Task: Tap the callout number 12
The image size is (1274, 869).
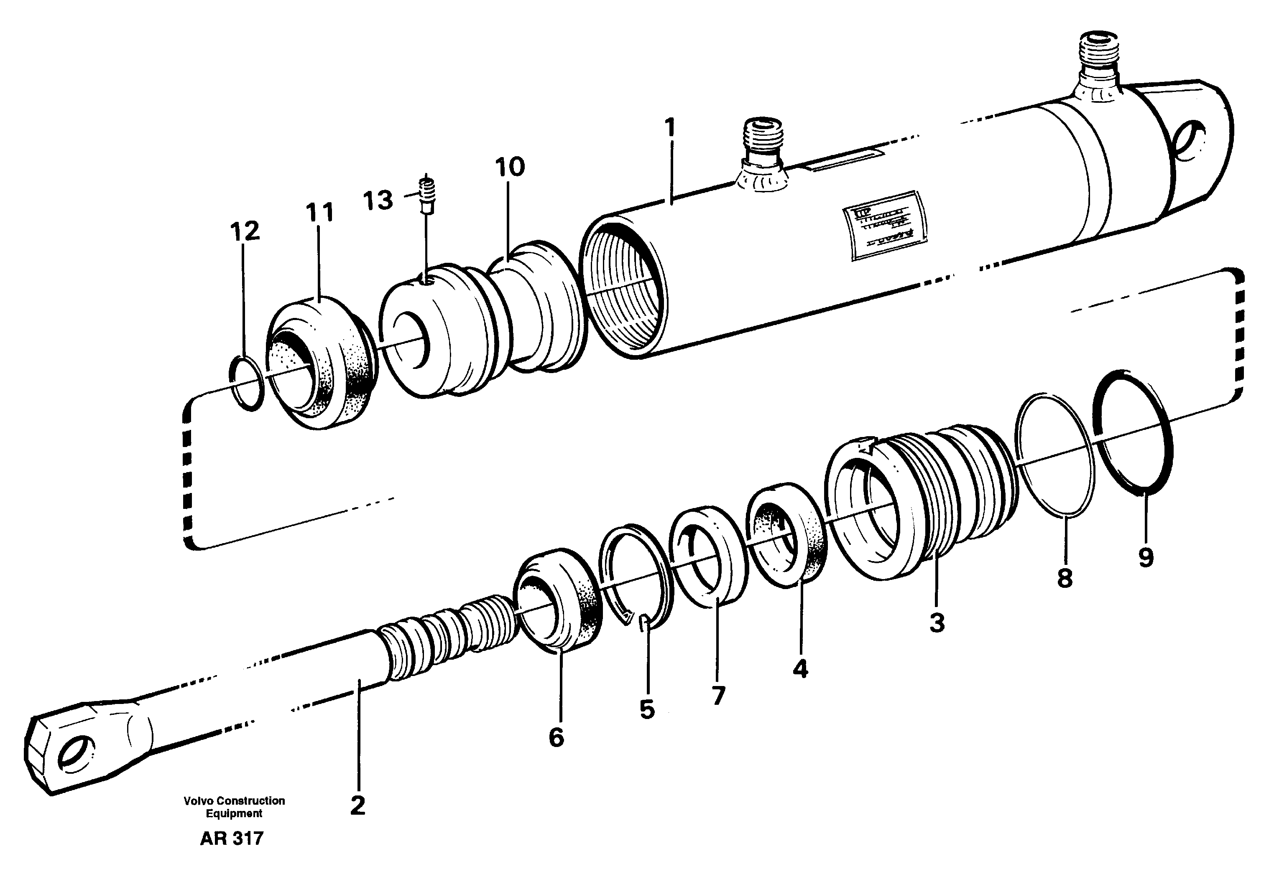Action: pyautogui.click(x=245, y=232)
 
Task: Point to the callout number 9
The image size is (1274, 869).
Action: pyautogui.click(x=1146, y=558)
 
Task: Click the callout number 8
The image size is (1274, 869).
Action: pyautogui.click(x=1064, y=579)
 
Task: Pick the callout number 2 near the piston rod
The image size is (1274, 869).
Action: pyautogui.click(x=357, y=806)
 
